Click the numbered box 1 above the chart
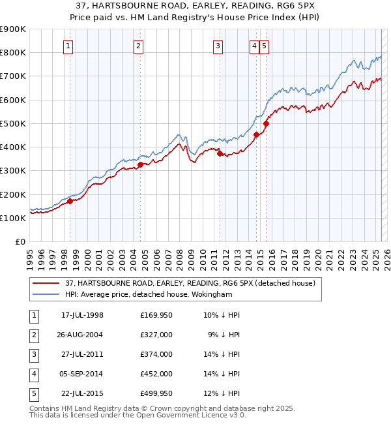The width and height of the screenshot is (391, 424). click(x=68, y=46)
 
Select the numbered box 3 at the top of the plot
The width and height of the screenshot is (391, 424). click(x=218, y=46)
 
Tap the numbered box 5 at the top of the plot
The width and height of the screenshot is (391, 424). click(x=264, y=46)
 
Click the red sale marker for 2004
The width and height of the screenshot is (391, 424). click(x=140, y=164)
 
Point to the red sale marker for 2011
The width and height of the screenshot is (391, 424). click(x=220, y=154)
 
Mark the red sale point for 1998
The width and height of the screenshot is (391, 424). click(x=70, y=202)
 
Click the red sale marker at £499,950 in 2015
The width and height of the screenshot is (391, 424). click(x=266, y=123)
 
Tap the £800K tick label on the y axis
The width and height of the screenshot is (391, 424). click(x=13, y=53)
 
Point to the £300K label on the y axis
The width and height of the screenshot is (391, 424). click(x=13, y=171)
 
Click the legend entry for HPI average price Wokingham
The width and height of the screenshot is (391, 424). click(x=149, y=294)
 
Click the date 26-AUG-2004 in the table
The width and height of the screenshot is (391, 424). click(x=81, y=335)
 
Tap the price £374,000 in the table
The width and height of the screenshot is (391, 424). click(x=156, y=354)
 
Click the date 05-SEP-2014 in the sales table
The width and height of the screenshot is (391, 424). click(x=81, y=374)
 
